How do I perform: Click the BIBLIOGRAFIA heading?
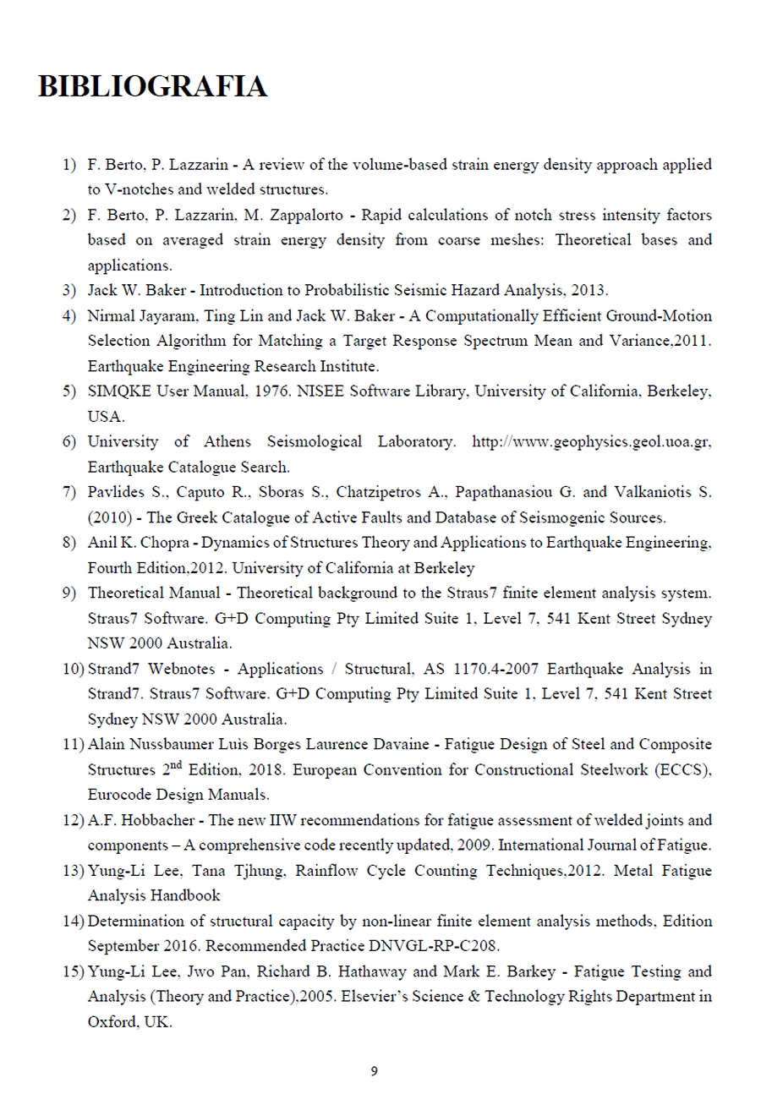tap(152, 87)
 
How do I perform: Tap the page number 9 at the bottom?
tap(375, 1072)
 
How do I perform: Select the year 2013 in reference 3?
tap(589, 290)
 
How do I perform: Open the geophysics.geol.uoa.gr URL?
tap(589, 442)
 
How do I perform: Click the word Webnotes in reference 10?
tap(183, 669)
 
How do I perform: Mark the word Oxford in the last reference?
tap(108, 1021)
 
